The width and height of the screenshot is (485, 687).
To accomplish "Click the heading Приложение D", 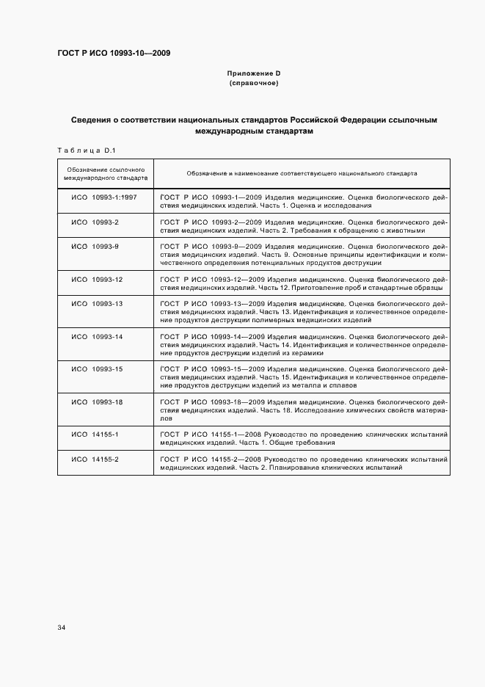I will (x=253, y=73).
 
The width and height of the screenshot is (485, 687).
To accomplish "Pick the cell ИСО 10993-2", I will (x=95, y=222).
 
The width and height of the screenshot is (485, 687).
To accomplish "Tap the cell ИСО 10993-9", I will (x=95, y=245).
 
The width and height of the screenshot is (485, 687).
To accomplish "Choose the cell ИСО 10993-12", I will (x=97, y=280).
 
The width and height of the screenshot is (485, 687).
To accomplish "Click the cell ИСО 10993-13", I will (x=97, y=303).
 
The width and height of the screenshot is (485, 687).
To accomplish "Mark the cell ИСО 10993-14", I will (x=97, y=336).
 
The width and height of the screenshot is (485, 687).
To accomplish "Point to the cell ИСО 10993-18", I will (x=97, y=401).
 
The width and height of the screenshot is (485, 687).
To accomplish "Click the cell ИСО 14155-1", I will (x=95, y=435).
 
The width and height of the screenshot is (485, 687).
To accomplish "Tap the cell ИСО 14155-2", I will (x=95, y=459).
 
